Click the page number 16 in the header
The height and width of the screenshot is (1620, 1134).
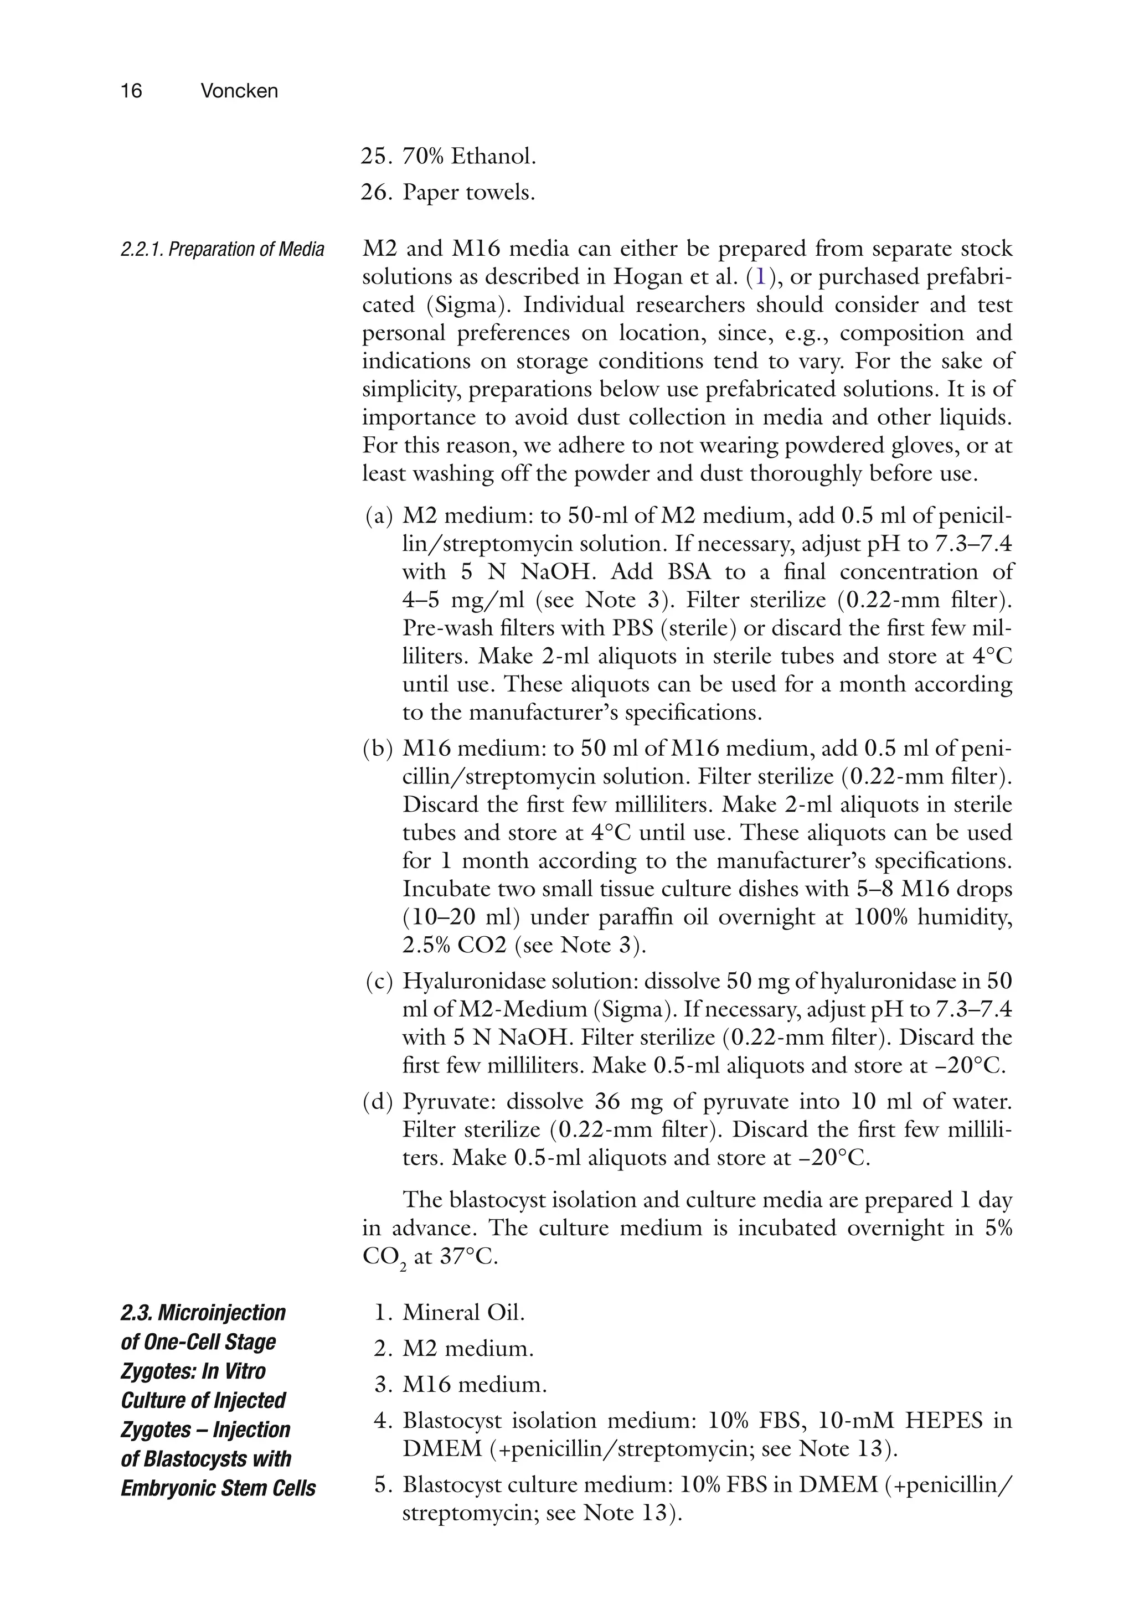coord(131,91)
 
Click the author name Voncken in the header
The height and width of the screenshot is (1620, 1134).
coord(239,91)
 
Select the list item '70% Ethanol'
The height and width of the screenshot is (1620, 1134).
coord(468,156)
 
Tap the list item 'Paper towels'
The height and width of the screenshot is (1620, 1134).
coord(468,192)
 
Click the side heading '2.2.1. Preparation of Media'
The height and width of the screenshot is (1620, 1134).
coord(222,249)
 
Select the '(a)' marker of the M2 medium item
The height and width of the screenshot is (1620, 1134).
coord(379,516)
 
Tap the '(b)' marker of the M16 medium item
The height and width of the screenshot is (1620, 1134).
coord(378,749)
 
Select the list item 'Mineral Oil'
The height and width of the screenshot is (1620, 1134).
coord(463,1313)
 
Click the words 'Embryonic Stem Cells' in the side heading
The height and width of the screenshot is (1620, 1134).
coord(218,1489)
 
